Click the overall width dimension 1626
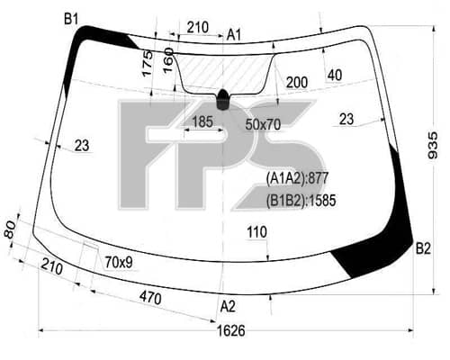pyautogui.click(x=231, y=330)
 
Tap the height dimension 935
pyautogui.click(x=433, y=146)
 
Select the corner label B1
pyautogui.click(x=71, y=20)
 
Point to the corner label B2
pyautogui.click(x=423, y=248)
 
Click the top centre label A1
pyautogui.click(x=234, y=35)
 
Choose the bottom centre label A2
pyautogui.click(x=228, y=307)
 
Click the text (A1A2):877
pyautogui.click(x=297, y=178)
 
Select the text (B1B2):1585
pyautogui.click(x=301, y=201)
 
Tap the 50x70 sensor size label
pyautogui.click(x=263, y=124)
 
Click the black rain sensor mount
pyautogui.click(x=222, y=99)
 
